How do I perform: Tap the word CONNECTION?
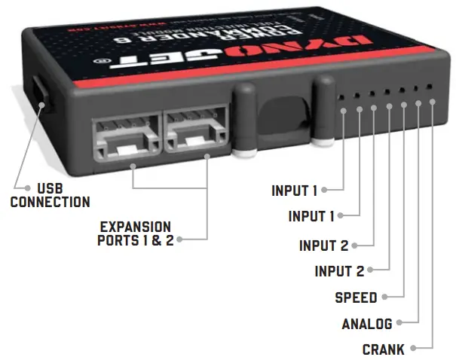(x=50, y=202)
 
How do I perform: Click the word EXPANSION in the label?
(x=136, y=227)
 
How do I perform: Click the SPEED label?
(x=356, y=297)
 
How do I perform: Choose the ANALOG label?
(x=367, y=325)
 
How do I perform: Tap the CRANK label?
(x=383, y=349)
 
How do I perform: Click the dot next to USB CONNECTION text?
(x=19, y=188)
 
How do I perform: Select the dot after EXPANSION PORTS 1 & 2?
(x=181, y=240)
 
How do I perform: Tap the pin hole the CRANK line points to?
(x=432, y=101)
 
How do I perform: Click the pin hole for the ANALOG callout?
(x=418, y=102)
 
